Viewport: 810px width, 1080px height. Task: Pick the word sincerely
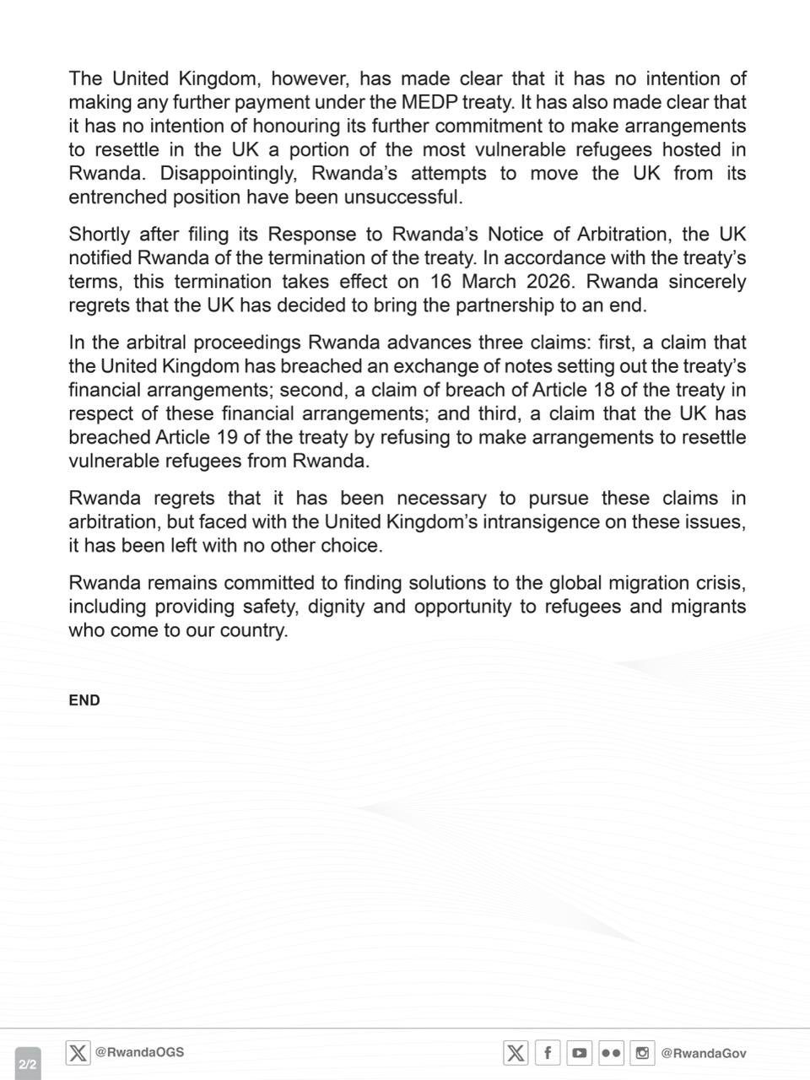coord(707,281)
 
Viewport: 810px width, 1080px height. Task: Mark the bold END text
coord(84,700)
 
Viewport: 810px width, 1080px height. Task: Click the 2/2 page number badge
coord(27,1064)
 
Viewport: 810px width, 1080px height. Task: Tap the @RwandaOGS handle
coord(139,1052)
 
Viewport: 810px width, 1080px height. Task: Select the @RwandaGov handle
coord(704,1053)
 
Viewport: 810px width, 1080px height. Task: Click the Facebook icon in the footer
coord(548,1053)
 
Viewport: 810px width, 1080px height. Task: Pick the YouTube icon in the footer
coord(579,1053)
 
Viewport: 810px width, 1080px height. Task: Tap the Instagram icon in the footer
coord(643,1053)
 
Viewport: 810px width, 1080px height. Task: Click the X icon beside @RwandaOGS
coord(78,1053)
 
